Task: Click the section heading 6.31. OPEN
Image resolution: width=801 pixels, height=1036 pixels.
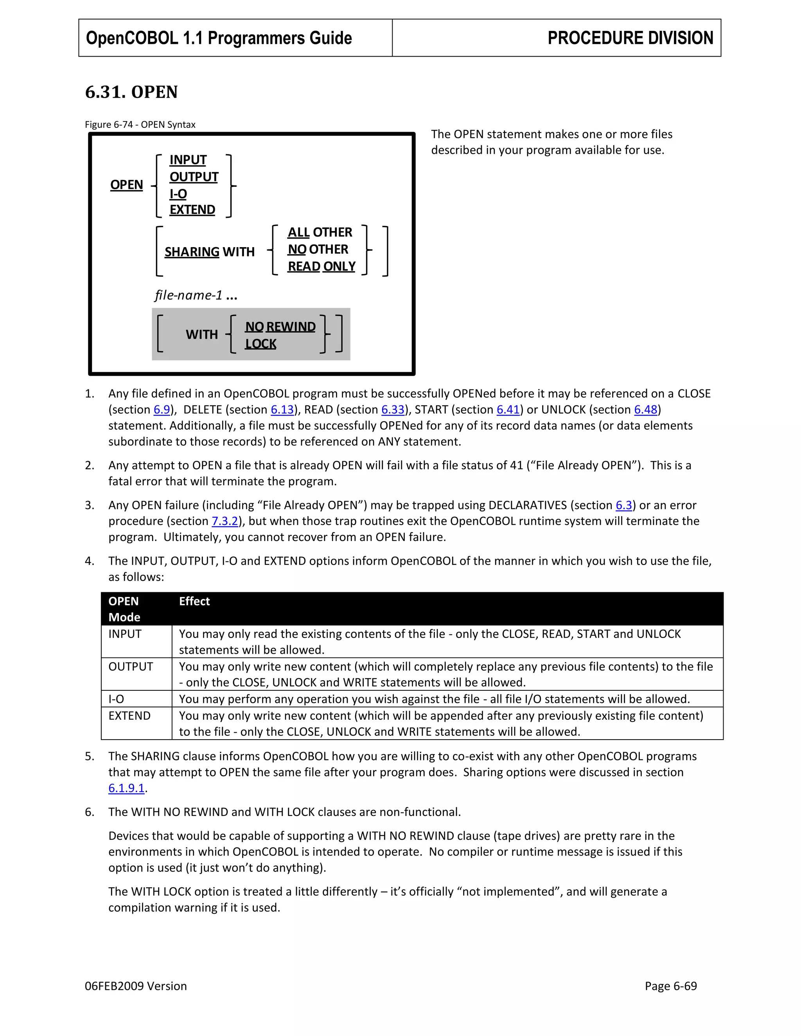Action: tap(131, 92)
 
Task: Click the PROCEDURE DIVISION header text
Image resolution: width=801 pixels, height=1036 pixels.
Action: tap(630, 38)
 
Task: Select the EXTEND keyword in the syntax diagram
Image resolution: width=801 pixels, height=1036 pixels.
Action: tap(192, 210)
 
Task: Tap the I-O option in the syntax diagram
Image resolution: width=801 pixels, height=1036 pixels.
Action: tap(178, 194)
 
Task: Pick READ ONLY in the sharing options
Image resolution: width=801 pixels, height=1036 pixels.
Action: tap(321, 267)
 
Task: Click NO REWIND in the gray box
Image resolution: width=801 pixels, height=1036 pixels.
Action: tap(280, 327)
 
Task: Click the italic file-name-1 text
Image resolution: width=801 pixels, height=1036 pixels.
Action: tap(189, 296)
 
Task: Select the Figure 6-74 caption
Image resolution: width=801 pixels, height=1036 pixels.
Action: tap(140, 125)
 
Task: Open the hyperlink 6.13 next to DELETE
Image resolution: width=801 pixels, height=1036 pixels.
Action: tap(282, 410)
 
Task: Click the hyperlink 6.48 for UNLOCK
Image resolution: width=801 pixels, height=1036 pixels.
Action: tap(645, 410)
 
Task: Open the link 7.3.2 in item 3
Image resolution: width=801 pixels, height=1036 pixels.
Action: tap(224, 521)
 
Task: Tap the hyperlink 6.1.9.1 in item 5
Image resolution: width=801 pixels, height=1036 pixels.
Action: tap(126, 788)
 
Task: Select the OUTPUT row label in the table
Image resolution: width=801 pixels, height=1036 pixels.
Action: tap(131, 667)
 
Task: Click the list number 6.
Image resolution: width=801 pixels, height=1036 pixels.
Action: tap(89, 812)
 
